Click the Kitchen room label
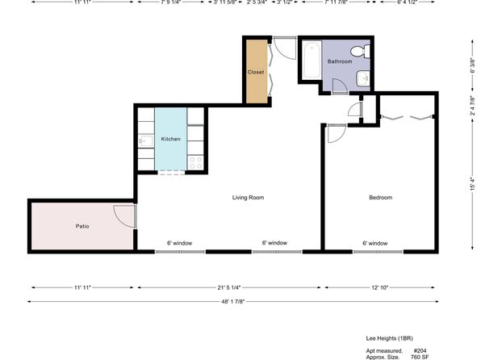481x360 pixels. click(x=170, y=139)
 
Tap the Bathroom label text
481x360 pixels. click(x=340, y=61)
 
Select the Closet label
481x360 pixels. click(x=256, y=72)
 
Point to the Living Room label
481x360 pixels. click(x=248, y=197)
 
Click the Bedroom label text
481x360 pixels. click(x=380, y=197)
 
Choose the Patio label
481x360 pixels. click(x=82, y=226)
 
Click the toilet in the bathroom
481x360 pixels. click(x=360, y=51)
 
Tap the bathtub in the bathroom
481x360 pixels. click(x=312, y=60)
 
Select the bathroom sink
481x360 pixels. click(x=363, y=78)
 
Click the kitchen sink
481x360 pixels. click(x=146, y=141)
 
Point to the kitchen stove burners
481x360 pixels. click(x=195, y=163)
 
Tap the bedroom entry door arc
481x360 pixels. click(x=337, y=134)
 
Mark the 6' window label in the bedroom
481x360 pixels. click(x=374, y=244)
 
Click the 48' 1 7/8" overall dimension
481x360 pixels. click(x=232, y=302)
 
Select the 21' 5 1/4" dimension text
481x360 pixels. click(x=229, y=287)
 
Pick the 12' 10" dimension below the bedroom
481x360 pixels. click(x=380, y=287)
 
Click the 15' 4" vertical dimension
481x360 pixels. click(x=473, y=185)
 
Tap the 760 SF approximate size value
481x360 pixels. click(x=420, y=357)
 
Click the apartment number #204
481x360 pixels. click(x=420, y=350)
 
